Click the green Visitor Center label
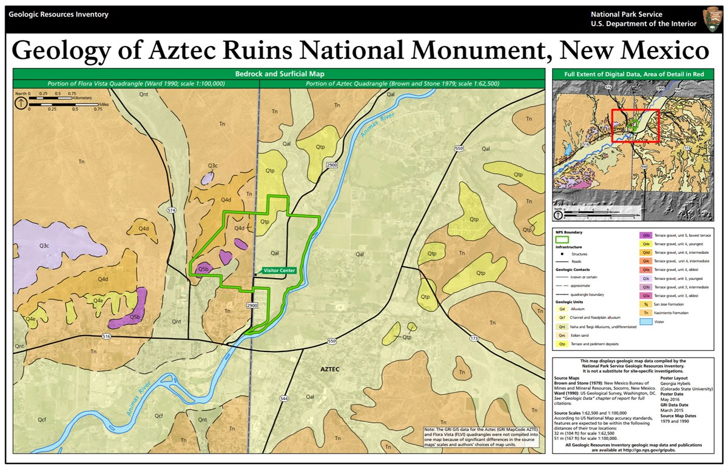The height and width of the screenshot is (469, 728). tap(278, 270)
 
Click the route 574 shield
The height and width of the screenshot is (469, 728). tap(171, 210)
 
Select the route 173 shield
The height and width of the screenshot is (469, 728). tap(474, 338)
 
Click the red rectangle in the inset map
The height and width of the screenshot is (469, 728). tap(635, 125)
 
